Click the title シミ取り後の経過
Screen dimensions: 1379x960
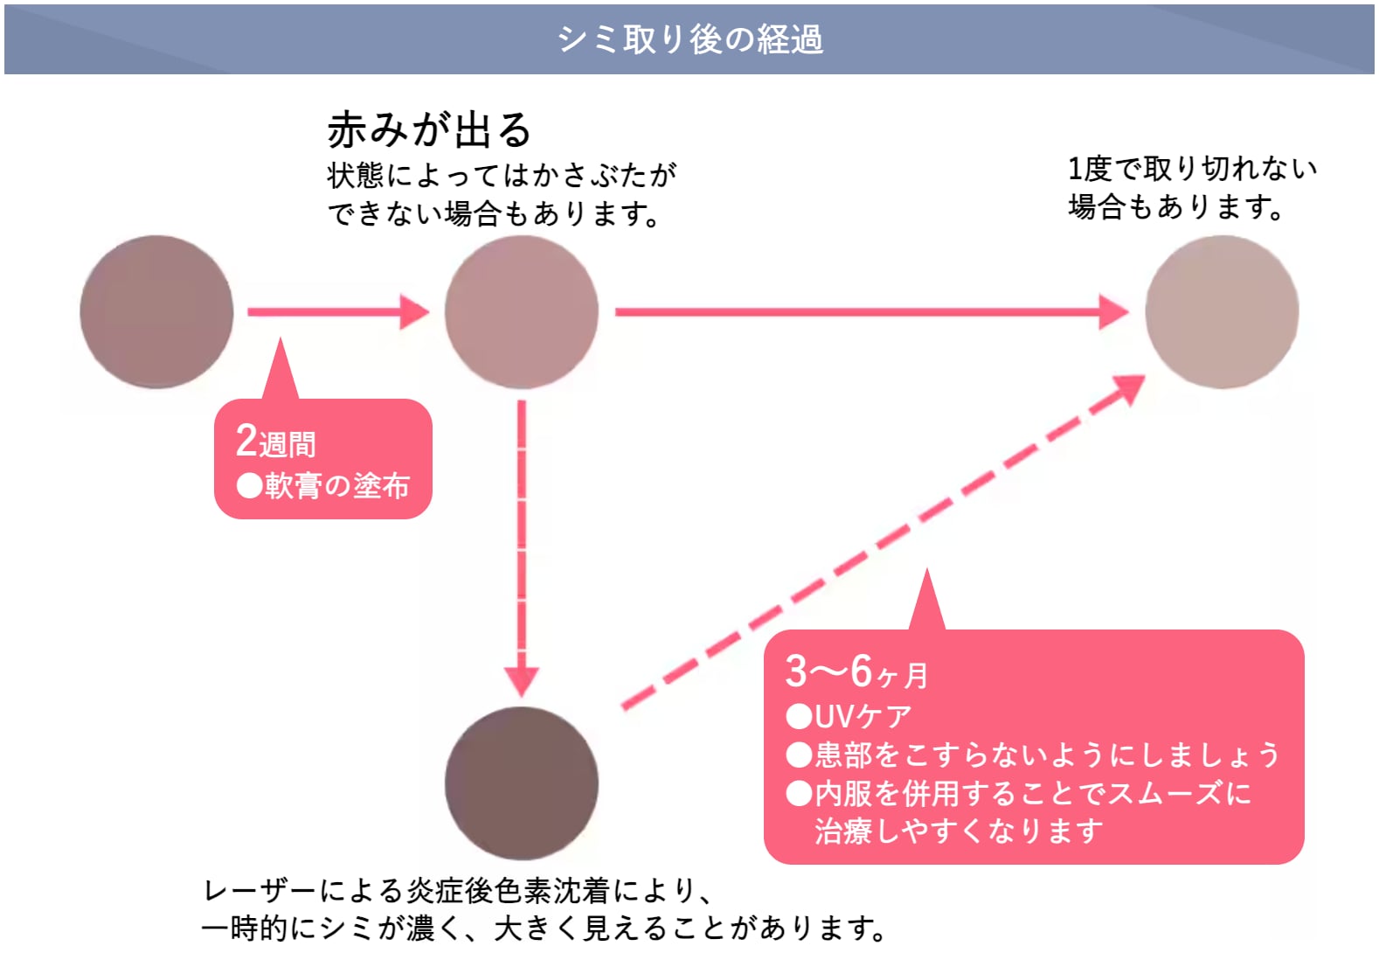click(690, 39)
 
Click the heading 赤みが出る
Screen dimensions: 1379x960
click(429, 130)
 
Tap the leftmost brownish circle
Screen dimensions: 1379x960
click(157, 312)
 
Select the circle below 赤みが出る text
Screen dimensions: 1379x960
click(522, 312)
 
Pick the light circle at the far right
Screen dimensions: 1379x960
click(1223, 312)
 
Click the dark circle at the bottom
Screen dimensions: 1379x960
click(522, 784)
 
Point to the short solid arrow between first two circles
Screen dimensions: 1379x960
click(338, 312)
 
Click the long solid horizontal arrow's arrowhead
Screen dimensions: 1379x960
click(1114, 312)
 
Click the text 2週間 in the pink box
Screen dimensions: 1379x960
click(276, 442)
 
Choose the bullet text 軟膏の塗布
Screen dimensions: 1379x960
click(337, 486)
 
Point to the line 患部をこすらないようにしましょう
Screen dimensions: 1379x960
click(1048, 755)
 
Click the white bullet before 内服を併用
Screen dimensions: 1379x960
click(799, 794)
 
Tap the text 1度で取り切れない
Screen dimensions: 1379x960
click(1193, 169)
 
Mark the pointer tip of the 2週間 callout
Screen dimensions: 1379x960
click(281, 337)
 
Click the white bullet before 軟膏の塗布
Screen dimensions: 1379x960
click(249, 486)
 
